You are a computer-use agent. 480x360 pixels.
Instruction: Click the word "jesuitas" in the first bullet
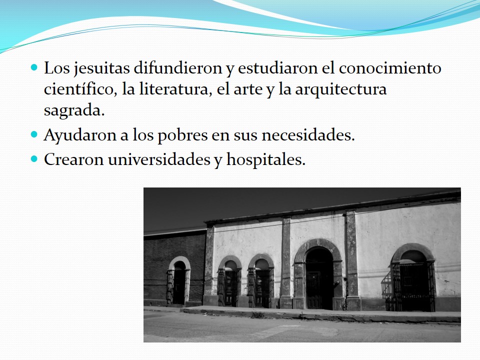point(101,68)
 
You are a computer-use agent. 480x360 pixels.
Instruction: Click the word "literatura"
point(175,89)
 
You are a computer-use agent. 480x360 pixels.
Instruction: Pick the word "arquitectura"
point(340,89)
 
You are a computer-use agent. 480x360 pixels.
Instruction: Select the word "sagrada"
point(74,111)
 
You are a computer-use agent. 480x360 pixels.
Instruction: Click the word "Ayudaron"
point(80,135)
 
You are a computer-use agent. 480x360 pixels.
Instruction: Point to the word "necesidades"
point(308,135)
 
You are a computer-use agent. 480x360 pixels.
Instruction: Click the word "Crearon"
point(73,159)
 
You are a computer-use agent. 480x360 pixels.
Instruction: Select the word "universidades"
point(159,159)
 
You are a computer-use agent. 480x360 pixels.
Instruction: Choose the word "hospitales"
point(265,160)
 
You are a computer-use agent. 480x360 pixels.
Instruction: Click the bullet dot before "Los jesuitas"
point(34,67)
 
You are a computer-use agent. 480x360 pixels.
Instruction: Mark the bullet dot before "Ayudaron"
point(34,134)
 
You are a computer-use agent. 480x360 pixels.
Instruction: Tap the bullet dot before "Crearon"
point(34,158)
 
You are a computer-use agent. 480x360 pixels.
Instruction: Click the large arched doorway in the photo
point(318,277)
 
